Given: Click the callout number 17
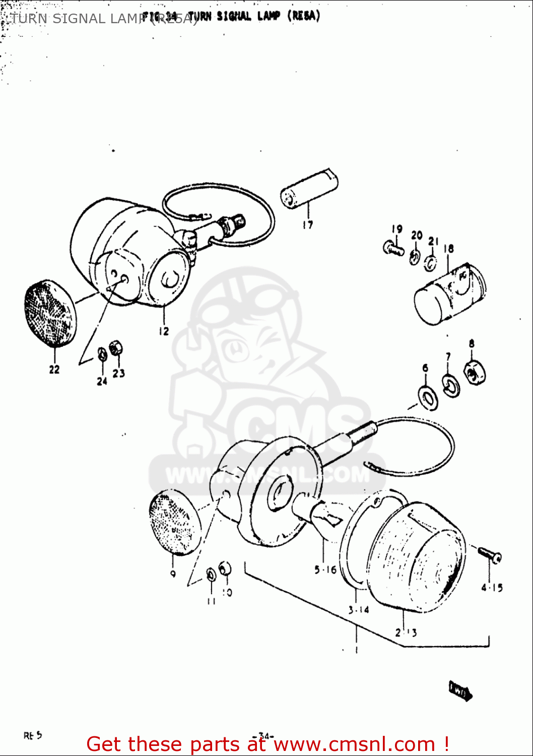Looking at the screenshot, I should (x=307, y=225).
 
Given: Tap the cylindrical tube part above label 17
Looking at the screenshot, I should (x=308, y=188).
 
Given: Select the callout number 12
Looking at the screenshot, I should (x=164, y=331).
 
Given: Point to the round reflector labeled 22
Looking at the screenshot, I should (x=50, y=314).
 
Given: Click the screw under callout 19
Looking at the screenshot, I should (x=393, y=248).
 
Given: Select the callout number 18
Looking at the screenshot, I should (x=448, y=248).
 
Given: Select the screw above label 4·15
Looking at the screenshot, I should (x=488, y=554).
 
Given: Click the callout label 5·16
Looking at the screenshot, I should (x=325, y=570).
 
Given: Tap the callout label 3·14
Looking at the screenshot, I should (x=358, y=610).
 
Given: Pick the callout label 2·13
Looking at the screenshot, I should (x=406, y=633).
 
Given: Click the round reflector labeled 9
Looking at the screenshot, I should (x=175, y=524).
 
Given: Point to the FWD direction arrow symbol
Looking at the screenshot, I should (x=460, y=691).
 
